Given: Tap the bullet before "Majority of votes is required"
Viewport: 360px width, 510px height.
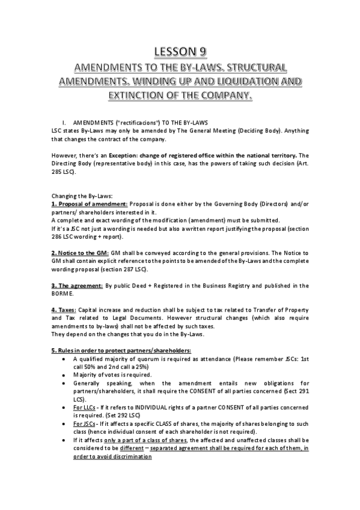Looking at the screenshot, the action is (x=64, y=373).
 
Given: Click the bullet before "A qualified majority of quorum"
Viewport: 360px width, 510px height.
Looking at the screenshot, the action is (x=64, y=358).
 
